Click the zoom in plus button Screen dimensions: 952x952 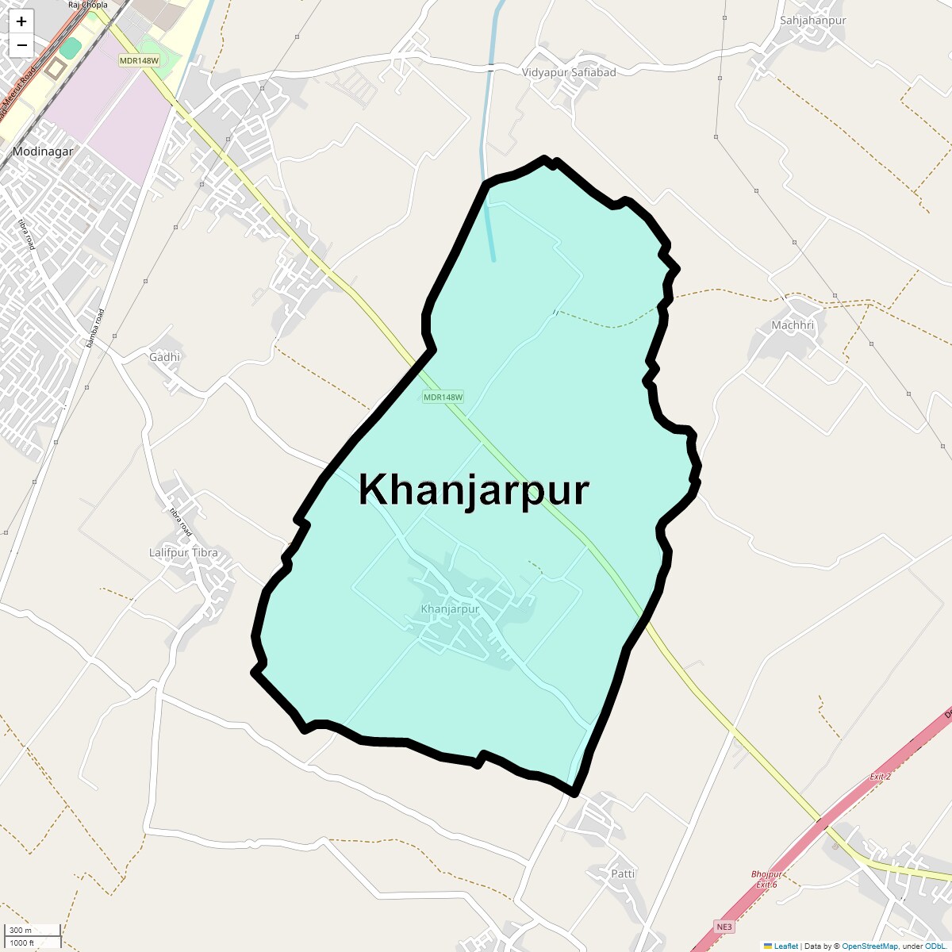(21, 21)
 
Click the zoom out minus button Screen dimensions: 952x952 (21, 45)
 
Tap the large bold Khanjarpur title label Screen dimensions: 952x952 (474, 489)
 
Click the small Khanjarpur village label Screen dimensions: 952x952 (451, 609)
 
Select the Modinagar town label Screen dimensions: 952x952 (43, 152)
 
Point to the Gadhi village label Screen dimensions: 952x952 (165, 357)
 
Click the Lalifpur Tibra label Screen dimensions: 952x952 (183, 553)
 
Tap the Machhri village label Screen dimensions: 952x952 (793, 325)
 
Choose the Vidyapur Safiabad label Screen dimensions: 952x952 (569, 72)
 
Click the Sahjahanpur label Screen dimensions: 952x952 (813, 21)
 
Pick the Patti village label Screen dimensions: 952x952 (624, 873)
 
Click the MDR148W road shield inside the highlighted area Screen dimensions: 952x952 (443, 397)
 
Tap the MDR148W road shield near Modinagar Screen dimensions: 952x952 (140, 60)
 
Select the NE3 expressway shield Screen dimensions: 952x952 (724, 927)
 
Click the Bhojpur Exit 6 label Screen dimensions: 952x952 (766, 879)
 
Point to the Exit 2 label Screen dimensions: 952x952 (880, 777)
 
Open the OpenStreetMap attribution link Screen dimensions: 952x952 (869, 946)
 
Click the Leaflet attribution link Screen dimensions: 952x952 (785, 946)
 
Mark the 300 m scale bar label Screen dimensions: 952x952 (21, 930)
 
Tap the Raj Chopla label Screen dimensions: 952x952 (88, 5)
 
